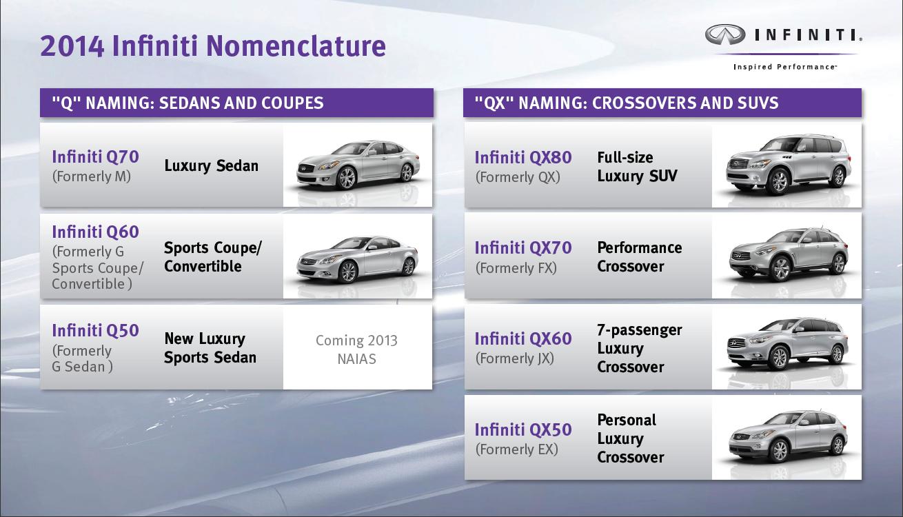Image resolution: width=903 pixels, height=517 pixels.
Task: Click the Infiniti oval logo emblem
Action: tap(725, 34)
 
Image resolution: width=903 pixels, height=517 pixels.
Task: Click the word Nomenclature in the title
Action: tap(296, 45)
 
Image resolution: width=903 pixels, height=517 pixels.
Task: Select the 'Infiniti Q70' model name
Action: tap(95, 156)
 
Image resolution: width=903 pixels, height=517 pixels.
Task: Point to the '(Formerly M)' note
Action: tap(92, 176)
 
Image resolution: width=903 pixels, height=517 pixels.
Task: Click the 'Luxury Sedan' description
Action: tap(211, 165)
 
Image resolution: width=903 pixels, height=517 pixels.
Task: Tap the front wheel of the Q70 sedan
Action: tap(346, 178)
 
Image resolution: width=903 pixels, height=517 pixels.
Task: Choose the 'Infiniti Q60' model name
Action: tap(95, 232)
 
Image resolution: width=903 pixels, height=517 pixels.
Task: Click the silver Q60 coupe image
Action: tap(357, 258)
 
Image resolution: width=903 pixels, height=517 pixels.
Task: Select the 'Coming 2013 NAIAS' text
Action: tap(357, 349)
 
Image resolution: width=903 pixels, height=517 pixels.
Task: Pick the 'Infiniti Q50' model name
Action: tap(95, 331)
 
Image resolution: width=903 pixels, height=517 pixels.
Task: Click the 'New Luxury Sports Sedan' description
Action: tap(210, 348)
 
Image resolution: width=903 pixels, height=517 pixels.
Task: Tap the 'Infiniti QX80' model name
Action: tap(523, 157)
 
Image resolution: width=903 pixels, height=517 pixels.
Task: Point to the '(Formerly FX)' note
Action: tap(516, 267)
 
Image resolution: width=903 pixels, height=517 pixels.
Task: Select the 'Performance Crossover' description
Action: tap(640, 257)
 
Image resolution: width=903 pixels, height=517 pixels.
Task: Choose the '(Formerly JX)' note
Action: tap(515, 358)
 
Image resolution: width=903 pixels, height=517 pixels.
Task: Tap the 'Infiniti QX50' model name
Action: tap(523, 430)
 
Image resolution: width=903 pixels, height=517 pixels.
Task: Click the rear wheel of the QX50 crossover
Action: tap(838, 445)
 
